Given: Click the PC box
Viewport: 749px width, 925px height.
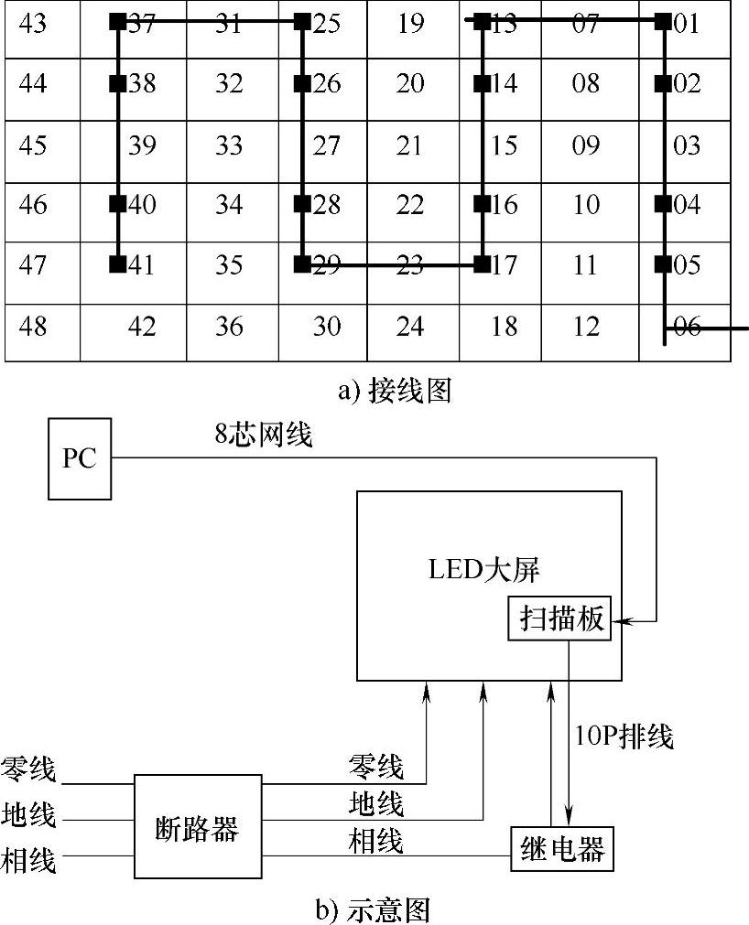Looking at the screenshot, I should [80, 457].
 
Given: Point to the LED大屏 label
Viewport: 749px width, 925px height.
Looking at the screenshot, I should [484, 569].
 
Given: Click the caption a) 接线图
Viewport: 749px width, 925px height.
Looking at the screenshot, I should [395, 392].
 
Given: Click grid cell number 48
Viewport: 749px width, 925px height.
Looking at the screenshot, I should [33, 326].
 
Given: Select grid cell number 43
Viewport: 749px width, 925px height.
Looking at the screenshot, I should [33, 24].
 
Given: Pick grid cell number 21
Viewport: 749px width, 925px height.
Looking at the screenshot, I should [411, 145].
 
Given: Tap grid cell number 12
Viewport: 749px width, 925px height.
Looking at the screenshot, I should [586, 326].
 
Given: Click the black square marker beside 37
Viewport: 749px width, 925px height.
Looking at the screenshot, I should [117, 22].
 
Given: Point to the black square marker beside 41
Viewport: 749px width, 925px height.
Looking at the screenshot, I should [117, 265].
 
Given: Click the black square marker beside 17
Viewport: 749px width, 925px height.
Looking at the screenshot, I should [481, 265].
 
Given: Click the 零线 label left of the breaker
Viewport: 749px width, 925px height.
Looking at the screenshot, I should [28, 769].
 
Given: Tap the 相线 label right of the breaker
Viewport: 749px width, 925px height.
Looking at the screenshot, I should [375, 840].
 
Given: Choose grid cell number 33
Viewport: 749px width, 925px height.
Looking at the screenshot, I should [229, 145].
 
